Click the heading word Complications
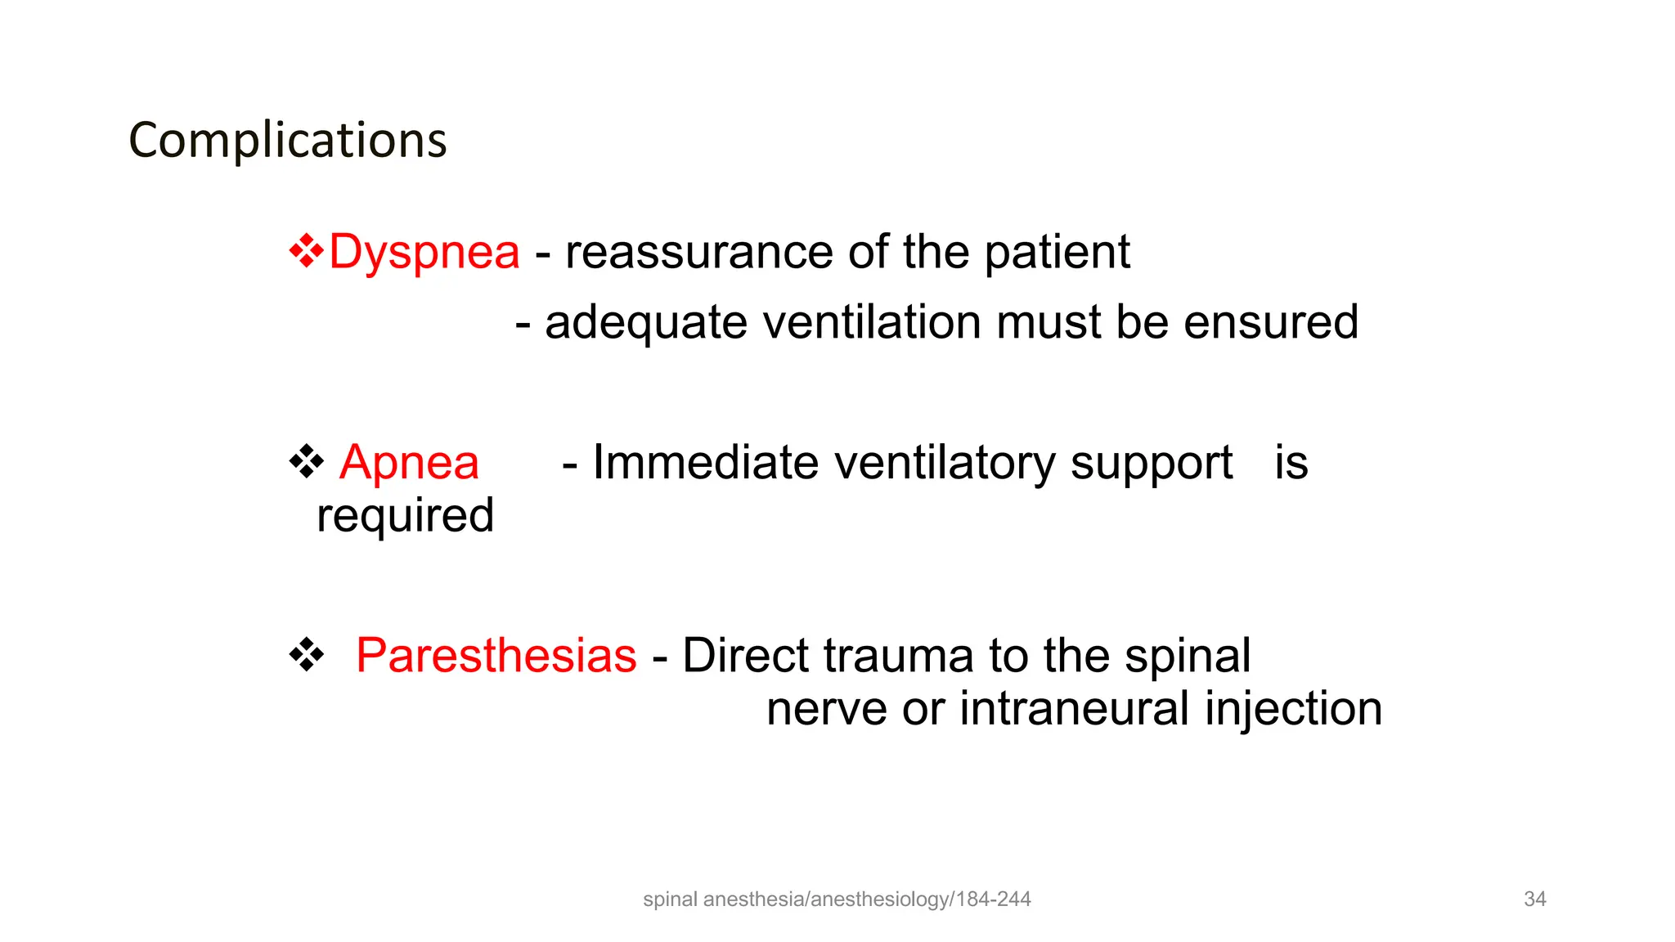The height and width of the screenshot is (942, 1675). coord(288,141)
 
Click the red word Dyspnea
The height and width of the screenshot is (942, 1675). coord(424,252)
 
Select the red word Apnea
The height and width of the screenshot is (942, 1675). coord(409,463)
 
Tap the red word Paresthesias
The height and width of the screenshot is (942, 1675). coord(496,656)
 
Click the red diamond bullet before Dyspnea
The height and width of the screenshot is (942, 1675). coord(306,251)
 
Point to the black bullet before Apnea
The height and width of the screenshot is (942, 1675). coord(306,462)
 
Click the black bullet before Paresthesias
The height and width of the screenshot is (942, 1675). coord(306,655)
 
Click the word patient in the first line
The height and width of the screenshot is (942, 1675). coord(1057,252)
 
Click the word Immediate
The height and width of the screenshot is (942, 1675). coord(705,463)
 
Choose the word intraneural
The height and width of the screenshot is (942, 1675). coord(1075,708)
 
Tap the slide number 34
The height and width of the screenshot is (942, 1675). coord(1534,899)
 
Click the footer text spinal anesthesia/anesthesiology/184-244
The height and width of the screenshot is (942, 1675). coord(837,899)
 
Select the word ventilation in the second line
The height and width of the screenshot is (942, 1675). coord(871,322)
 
